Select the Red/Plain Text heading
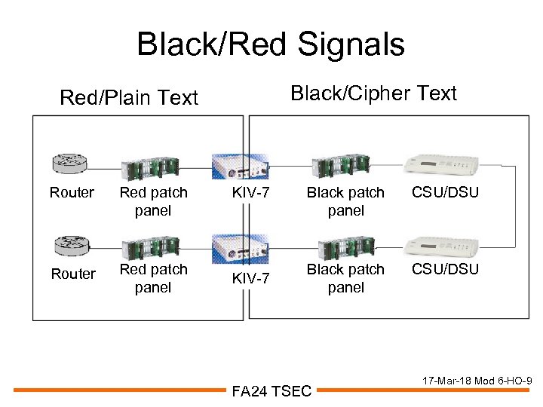coord(129,97)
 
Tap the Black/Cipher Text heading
coord(373,93)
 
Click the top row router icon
coord(70,162)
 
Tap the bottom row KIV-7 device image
coord(239,246)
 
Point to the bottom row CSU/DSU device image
coord(441,245)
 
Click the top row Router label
coord(72,192)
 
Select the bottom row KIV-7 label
coord(250,279)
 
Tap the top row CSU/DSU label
coord(445,192)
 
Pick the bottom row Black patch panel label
coord(345,278)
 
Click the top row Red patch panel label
coord(153,201)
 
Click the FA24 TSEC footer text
coord(271,390)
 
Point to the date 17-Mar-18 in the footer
coord(441,381)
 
